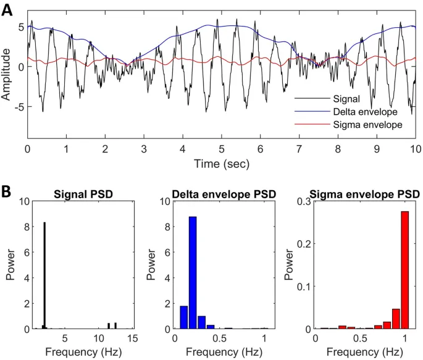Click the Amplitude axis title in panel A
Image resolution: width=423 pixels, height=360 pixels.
7,75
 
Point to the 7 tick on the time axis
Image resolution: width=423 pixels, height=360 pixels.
299,150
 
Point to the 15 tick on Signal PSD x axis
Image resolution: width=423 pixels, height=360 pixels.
131,338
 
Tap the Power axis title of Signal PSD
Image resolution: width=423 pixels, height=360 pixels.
10,266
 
